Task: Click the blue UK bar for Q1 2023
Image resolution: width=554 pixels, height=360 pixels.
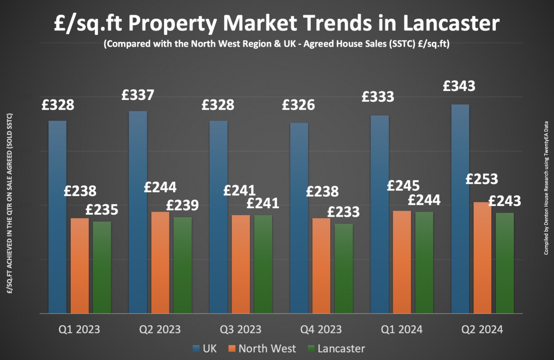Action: (x=57, y=216)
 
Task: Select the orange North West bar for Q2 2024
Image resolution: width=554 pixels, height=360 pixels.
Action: (x=482, y=258)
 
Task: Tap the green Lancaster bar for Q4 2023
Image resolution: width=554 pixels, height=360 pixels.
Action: (x=343, y=268)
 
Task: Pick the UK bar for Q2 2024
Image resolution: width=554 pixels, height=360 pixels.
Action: (x=460, y=209)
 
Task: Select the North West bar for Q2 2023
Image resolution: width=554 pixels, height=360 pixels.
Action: (x=160, y=262)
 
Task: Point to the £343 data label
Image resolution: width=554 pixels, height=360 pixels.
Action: (x=459, y=86)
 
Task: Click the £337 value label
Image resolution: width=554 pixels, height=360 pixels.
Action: (x=138, y=95)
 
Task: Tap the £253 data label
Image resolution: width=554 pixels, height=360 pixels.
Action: (x=482, y=179)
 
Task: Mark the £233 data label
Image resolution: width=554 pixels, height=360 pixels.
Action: (x=343, y=212)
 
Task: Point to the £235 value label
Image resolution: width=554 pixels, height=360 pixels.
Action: (x=102, y=210)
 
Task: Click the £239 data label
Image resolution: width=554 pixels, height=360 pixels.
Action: (x=182, y=205)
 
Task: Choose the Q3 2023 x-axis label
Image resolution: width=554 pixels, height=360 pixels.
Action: (x=241, y=329)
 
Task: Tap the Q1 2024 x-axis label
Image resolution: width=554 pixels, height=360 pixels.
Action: (x=401, y=329)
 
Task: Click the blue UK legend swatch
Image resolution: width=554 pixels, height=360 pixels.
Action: (x=196, y=348)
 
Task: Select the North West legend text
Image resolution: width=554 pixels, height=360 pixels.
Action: (x=267, y=348)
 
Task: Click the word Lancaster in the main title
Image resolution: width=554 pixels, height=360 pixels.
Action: (x=451, y=23)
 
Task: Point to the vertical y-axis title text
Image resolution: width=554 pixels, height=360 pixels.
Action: (x=10, y=204)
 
